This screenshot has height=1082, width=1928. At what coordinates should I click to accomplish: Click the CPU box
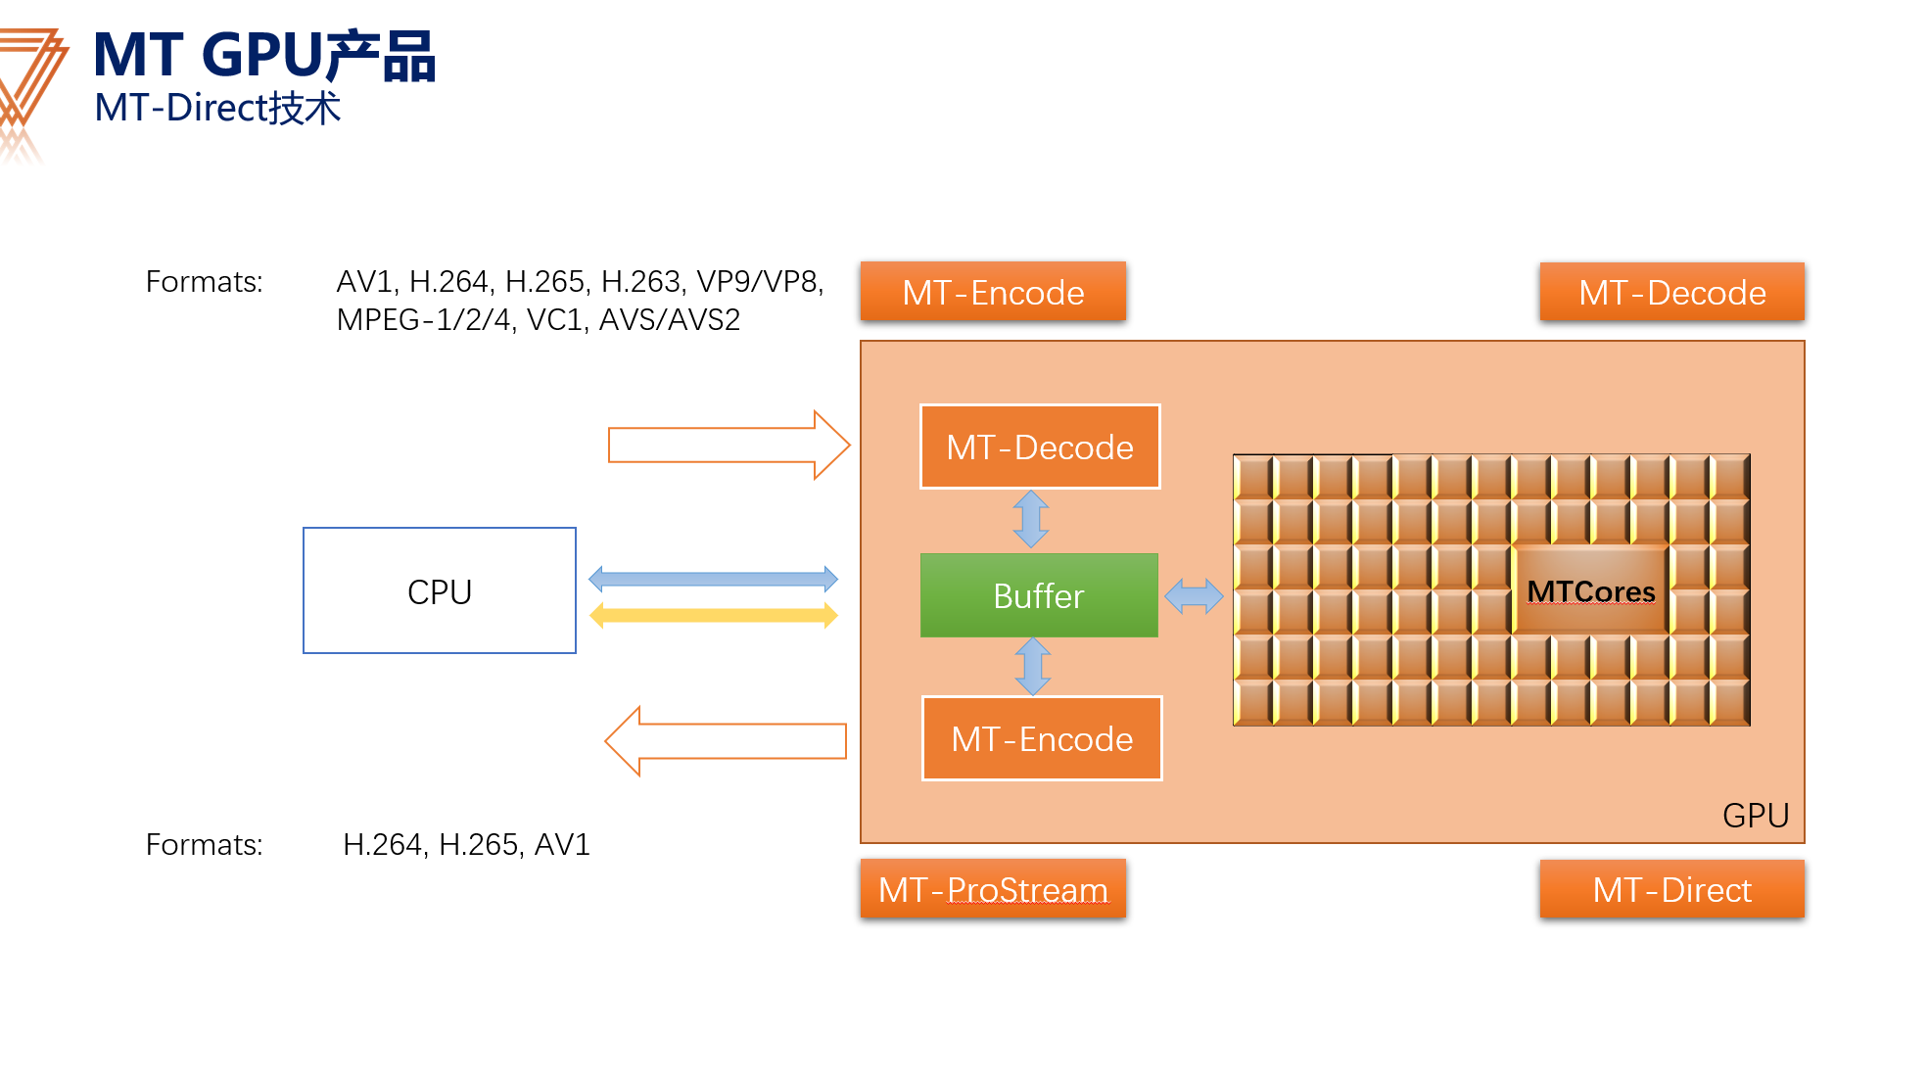click(440, 590)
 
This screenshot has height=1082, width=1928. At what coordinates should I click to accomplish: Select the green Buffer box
click(1039, 595)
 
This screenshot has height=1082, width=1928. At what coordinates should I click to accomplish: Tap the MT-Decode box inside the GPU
click(1040, 447)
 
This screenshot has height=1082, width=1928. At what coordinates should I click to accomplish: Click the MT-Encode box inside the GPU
click(1042, 738)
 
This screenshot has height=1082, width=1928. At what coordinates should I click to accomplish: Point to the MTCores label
click(1590, 591)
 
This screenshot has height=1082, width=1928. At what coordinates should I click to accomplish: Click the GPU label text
click(1755, 815)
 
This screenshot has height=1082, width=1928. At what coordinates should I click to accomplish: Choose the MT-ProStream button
click(993, 889)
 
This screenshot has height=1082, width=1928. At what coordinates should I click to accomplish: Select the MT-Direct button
click(1671, 889)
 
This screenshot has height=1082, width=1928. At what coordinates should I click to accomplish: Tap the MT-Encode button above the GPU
click(993, 292)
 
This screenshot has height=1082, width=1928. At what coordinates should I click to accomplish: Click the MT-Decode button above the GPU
click(1671, 292)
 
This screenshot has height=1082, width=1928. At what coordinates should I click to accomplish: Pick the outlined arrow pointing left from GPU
click(725, 741)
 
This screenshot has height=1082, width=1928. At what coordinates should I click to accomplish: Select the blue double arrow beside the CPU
click(713, 579)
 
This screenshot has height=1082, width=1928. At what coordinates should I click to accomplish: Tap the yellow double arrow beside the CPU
click(713, 615)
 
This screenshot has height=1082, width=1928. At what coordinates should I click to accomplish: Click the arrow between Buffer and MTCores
click(1194, 595)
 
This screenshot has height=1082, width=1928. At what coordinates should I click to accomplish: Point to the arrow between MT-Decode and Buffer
click(1031, 519)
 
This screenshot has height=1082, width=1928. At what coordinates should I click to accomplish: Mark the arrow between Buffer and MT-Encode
click(1033, 666)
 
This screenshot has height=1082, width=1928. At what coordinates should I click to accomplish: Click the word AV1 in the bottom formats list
click(562, 844)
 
